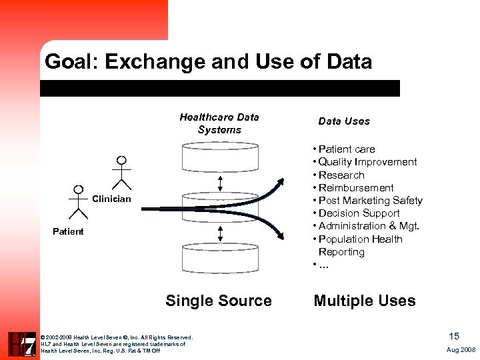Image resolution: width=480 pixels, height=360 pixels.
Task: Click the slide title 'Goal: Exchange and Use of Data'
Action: [207, 62]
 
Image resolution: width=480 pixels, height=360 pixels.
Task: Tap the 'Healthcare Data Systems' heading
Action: [219, 123]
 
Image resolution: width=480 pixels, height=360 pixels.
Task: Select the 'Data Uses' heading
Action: [343, 121]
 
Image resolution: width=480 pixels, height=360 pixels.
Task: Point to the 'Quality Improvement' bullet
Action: [367, 162]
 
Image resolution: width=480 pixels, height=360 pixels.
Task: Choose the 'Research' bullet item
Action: [341, 175]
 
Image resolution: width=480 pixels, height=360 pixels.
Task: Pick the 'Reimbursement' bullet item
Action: [355, 188]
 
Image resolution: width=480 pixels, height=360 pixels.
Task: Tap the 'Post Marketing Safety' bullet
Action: [370, 201]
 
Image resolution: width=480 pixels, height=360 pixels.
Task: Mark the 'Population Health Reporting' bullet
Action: [360, 245]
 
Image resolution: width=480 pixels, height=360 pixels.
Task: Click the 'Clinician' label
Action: [111, 199]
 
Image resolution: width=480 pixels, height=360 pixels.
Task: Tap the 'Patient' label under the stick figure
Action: [68, 232]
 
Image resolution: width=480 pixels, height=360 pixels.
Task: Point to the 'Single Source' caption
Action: [218, 301]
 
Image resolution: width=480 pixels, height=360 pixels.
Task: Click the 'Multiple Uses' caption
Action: [364, 301]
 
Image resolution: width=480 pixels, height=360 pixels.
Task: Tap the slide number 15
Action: [454, 336]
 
